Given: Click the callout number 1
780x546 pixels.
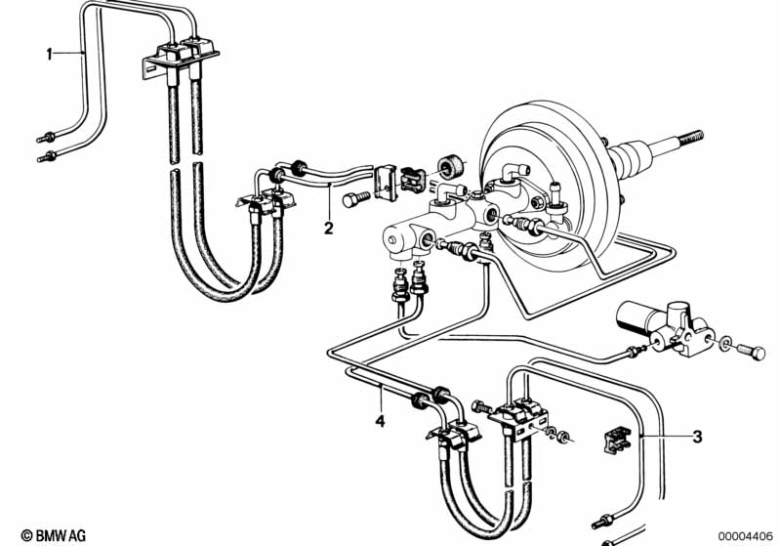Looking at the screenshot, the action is [49, 54].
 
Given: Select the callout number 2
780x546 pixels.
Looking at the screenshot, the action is [328, 229].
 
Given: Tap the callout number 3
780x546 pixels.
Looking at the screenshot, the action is [697, 437].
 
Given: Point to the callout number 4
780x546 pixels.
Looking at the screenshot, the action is [380, 421].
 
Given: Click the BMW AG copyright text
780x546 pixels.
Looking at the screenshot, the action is [54, 535].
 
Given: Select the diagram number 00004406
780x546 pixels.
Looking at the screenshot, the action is [746, 536].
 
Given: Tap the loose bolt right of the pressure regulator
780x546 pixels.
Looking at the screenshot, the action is [751, 352].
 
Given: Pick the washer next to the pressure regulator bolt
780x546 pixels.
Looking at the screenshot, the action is [725, 343].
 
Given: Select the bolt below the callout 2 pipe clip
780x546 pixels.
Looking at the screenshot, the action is [355, 198].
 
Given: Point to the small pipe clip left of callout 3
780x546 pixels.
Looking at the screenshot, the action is [617, 440].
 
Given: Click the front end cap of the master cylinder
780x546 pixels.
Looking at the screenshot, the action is [395, 240].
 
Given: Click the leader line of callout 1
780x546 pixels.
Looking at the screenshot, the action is [68, 52].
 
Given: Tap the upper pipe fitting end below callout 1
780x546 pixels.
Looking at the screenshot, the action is [46, 137].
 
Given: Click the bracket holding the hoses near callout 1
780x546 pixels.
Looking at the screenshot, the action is [180, 59].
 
